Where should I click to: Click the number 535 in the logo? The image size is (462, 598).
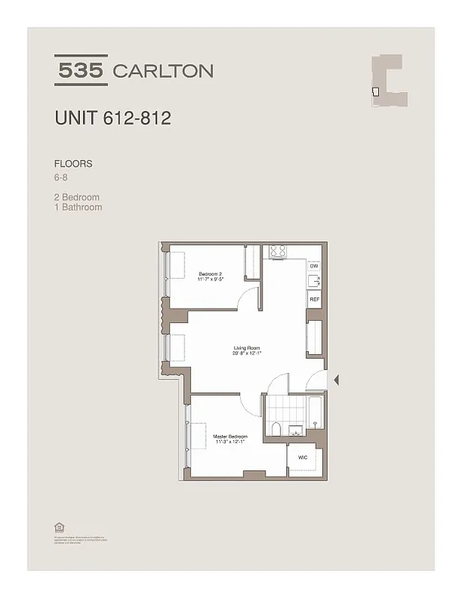coord(81,70)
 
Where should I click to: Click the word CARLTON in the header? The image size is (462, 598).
coord(162,71)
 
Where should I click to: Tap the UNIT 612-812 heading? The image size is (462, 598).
coord(113,118)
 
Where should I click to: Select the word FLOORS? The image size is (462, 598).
coord(73,163)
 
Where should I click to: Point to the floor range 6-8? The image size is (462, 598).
coord(61,178)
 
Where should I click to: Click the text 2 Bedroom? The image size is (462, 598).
coord(77,197)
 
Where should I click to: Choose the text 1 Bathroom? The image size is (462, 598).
coord(78,207)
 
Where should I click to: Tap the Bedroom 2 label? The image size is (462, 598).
coord(210,274)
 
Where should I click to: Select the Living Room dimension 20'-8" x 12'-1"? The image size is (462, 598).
coord(246,354)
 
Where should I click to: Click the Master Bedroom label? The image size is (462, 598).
coord(230,436)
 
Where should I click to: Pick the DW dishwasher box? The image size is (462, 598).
coord(314,265)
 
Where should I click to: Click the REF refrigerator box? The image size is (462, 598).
coord(314,299)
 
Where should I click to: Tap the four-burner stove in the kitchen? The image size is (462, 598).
coord(278,251)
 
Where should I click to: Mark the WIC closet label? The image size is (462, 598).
coord(302,456)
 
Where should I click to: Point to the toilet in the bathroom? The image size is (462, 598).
coord(276,428)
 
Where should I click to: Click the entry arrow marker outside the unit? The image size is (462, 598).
coord(336,380)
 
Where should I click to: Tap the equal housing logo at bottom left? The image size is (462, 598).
coord(57,525)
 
